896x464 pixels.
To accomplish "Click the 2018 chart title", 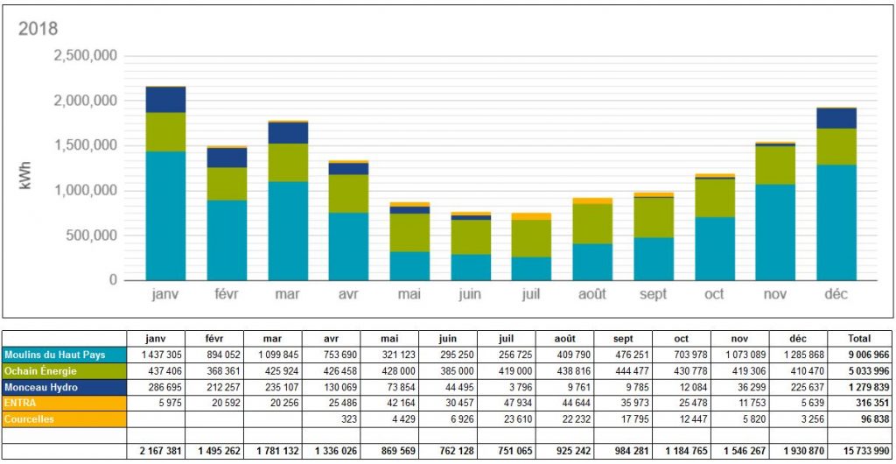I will coord(38,29).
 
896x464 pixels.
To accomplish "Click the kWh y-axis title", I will coord(24,169).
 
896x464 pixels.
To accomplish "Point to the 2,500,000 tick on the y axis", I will coord(85,56).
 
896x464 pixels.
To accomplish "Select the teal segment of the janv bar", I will coord(165,215).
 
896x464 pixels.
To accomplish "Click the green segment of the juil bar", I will coord(531,238).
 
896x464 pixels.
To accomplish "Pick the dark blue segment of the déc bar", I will coord(836,118).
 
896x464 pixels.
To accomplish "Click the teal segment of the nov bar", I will coord(775,232).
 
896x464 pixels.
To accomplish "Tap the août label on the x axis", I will coord(592,294).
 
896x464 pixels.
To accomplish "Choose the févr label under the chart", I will coord(227,294).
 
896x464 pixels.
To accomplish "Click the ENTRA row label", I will coord(21,402).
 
